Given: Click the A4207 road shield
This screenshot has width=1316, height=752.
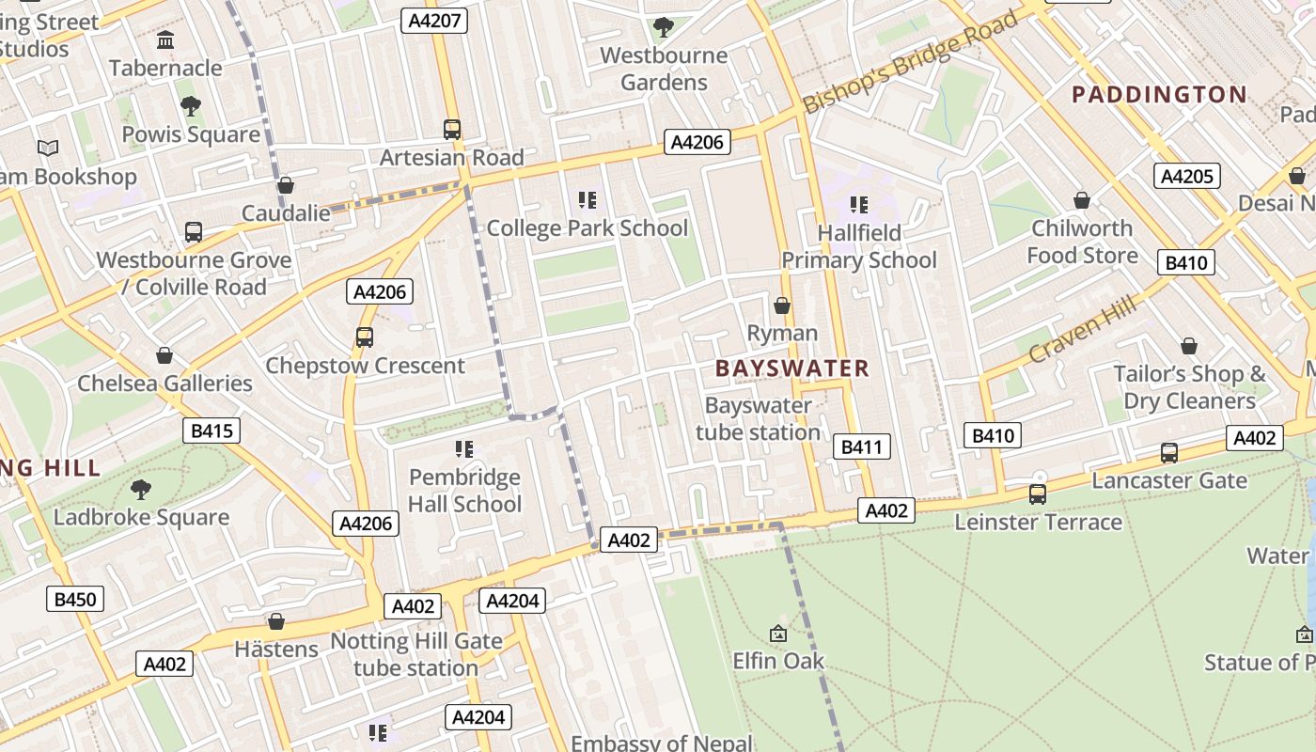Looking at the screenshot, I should [x=433, y=20].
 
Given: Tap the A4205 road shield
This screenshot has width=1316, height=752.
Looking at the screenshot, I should [x=1187, y=176].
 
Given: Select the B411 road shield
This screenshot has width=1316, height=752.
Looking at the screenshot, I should [x=861, y=446].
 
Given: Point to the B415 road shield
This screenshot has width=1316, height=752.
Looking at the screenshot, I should [x=211, y=431].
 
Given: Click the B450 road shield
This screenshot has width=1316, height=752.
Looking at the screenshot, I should [x=75, y=599].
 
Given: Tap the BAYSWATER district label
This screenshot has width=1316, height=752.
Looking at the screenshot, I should [x=792, y=368].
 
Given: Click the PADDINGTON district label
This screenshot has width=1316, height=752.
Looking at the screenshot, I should [x=1159, y=94].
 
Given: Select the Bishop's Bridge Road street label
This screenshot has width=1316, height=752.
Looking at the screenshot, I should [x=910, y=63].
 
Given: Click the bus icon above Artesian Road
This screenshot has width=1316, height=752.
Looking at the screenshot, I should [x=452, y=129].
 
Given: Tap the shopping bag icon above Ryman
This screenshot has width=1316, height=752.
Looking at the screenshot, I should [x=781, y=305].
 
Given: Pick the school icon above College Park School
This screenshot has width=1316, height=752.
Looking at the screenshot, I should [x=587, y=200].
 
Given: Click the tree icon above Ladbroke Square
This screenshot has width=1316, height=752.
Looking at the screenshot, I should [x=141, y=489].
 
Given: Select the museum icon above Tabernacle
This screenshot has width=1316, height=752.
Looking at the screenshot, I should [x=166, y=39].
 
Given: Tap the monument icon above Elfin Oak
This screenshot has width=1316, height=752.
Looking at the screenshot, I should [x=777, y=634].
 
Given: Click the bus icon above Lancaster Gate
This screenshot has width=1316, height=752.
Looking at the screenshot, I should [x=1168, y=452].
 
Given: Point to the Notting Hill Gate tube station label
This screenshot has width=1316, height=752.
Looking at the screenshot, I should [x=415, y=655].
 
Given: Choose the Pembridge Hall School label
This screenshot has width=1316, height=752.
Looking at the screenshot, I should [x=464, y=491].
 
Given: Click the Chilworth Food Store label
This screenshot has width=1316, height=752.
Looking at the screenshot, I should [x=1082, y=242].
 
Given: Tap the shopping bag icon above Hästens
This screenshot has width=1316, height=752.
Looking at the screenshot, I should [x=276, y=621].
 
